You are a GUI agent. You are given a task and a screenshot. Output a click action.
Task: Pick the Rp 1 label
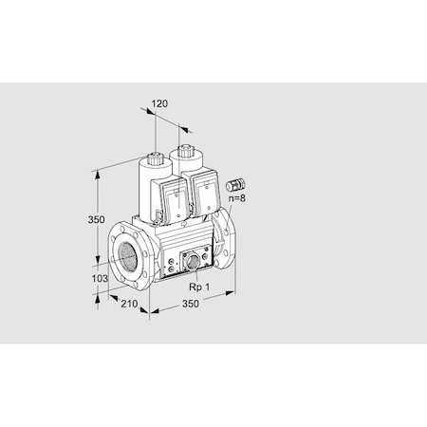[198, 286]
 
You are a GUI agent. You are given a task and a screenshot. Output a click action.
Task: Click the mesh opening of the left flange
[126, 255]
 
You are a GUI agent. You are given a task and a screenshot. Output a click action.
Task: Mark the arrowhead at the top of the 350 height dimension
[98, 174]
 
